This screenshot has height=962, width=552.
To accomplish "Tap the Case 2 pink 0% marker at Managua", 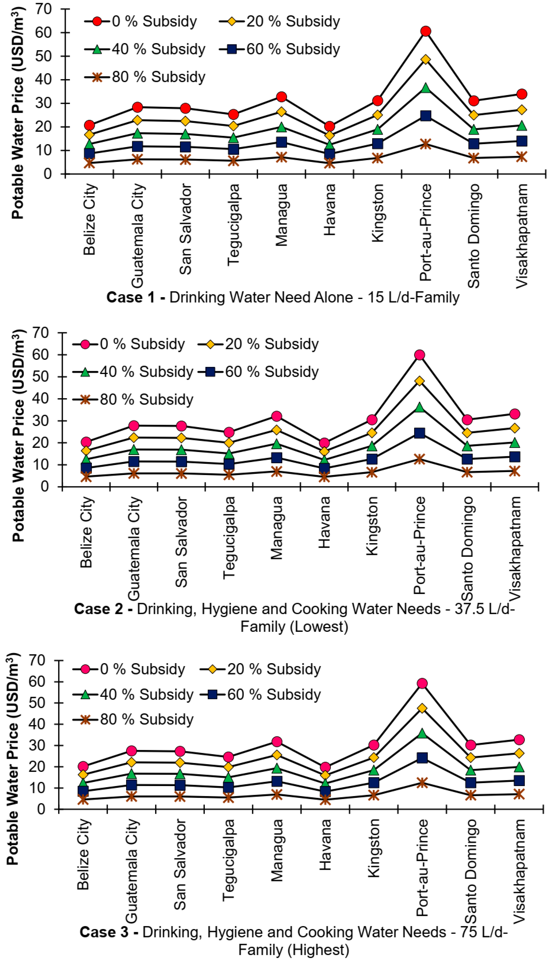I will pos(277,416).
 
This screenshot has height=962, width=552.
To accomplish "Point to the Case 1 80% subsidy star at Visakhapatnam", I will pos(522,156).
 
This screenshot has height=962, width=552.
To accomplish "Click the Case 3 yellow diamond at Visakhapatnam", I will pos(519,753).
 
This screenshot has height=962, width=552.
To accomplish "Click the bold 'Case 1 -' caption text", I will pos(135,297).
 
